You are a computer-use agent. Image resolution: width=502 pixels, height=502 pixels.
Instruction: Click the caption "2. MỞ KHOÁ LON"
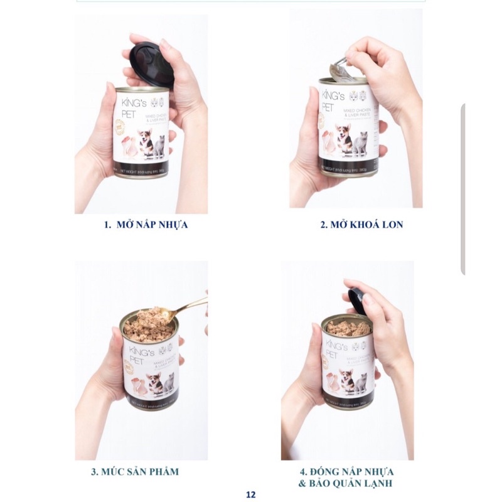pos(361,224)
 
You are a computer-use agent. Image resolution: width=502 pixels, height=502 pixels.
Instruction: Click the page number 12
pos(251,494)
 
